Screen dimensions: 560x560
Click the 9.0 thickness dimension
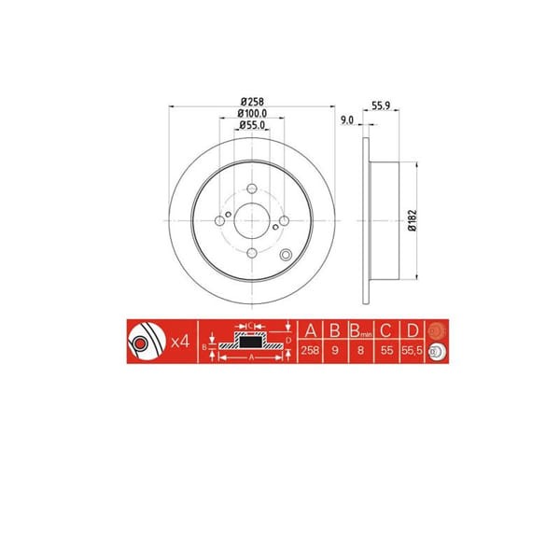click(x=347, y=119)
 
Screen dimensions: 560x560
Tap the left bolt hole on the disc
click(x=220, y=221)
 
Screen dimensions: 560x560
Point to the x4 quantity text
click(x=182, y=343)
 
